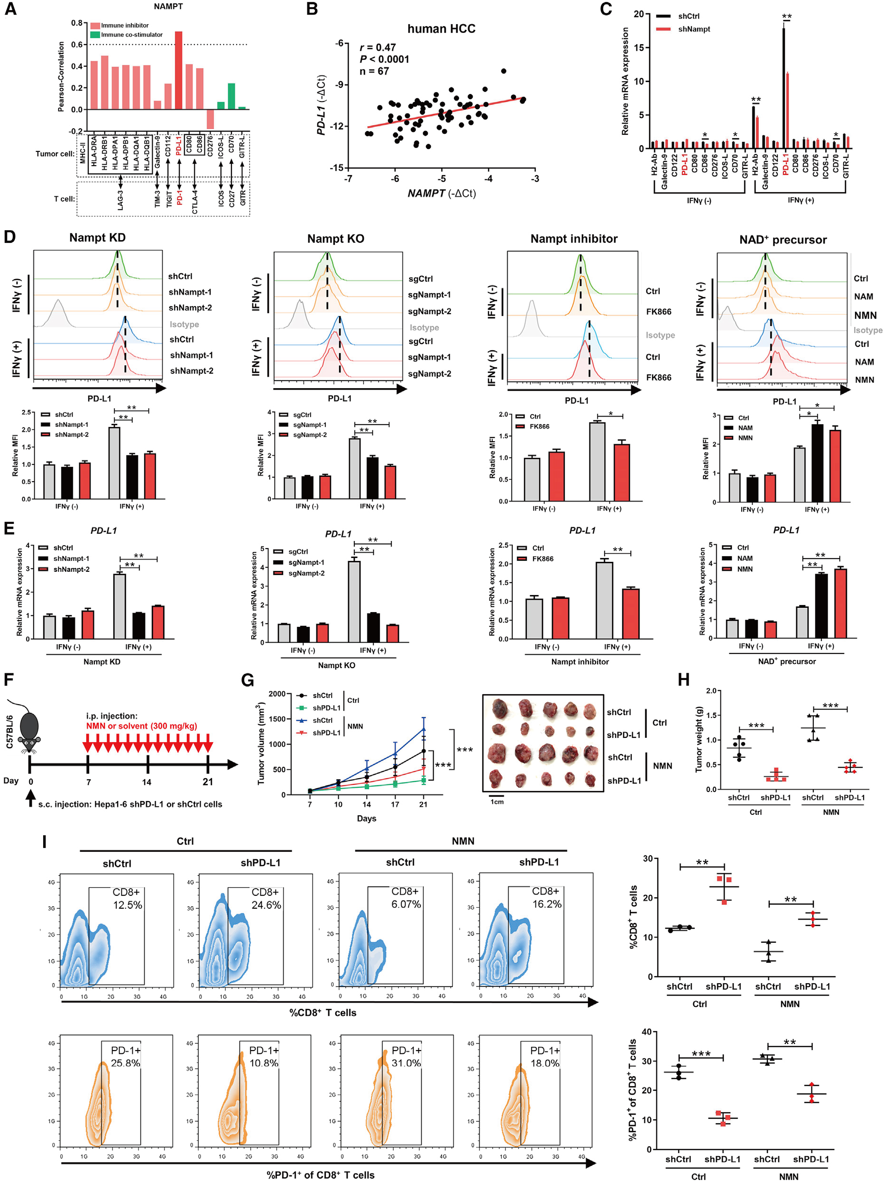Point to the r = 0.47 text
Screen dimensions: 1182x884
[x=378, y=47]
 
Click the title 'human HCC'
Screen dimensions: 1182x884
[x=441, y=29]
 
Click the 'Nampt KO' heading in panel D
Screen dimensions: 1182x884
[x=335, y=239]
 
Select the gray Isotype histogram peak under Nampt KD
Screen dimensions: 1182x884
[x=56, y=313]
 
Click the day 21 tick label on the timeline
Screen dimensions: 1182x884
[x=208, y=782]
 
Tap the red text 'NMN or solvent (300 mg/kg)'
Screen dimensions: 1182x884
[x=141, y=726]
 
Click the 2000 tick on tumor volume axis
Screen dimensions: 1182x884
[x=277, y=694]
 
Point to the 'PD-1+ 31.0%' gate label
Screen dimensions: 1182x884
[x=406, y=1056]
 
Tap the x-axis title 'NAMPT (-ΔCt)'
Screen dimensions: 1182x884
[x=441, y=194]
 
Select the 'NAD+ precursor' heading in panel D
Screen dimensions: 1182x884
[x=783, y=240]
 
